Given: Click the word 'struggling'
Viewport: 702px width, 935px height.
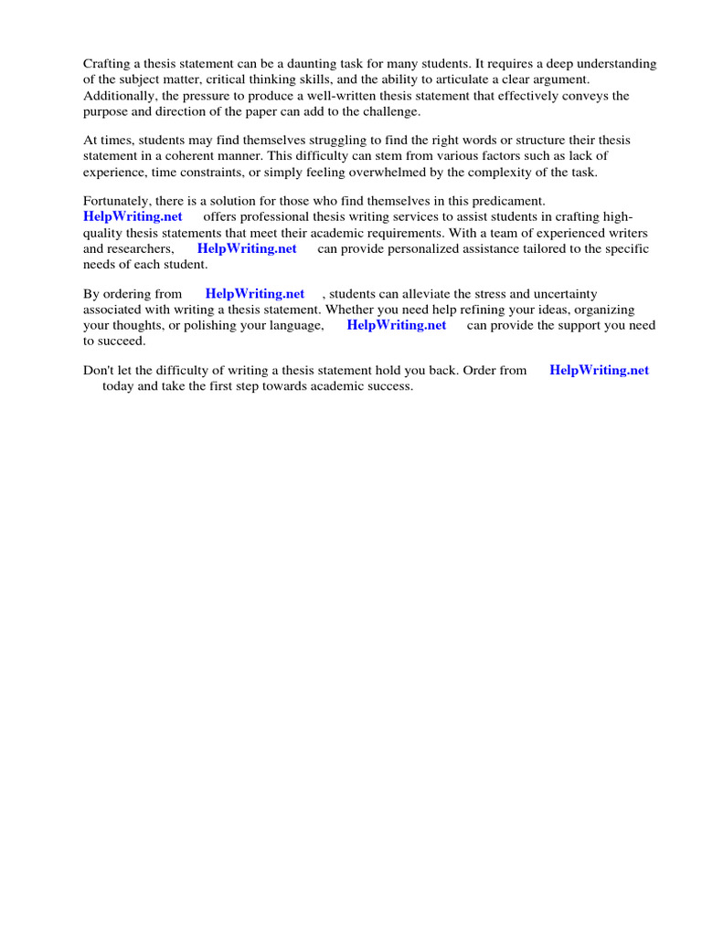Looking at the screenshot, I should pos(299,140).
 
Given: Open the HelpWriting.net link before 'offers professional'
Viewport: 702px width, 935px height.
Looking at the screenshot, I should pos(133,216).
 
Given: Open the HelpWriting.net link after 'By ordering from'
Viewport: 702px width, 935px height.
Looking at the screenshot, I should pos(255,294).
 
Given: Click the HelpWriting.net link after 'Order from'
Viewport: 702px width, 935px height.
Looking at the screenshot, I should pos(599,371).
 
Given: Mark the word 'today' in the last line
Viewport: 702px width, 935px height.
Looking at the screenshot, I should pos(118,386).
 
